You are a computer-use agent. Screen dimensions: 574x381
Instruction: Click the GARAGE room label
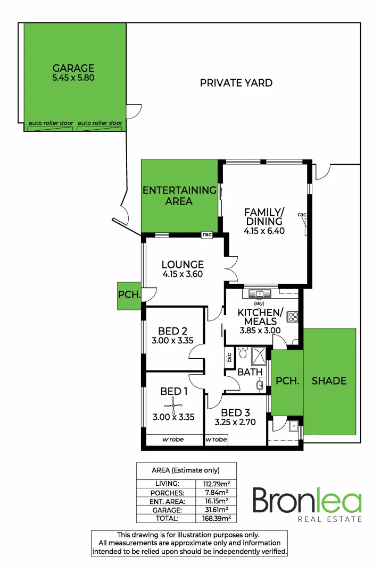(x=73, y=68)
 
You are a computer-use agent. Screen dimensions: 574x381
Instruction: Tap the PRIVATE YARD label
(x=236, y=83)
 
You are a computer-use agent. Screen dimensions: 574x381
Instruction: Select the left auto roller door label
(x=51, y=123)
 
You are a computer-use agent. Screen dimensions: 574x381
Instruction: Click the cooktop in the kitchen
(x=292, y=317)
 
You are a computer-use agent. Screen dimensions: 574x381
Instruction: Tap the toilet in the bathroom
(x=243, y=352)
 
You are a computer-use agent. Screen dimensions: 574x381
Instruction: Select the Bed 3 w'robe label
(x=216, y=440)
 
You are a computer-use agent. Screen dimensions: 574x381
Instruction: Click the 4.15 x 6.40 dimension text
(x=264, y=231)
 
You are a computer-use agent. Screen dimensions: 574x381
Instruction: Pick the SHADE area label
(x=329, y=381)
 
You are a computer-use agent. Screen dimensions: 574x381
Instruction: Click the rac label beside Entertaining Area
(x=207, y=234)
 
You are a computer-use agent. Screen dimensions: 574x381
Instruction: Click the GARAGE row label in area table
(x=167, y=509)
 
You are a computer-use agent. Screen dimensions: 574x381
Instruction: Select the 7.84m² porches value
(x=216, y=492)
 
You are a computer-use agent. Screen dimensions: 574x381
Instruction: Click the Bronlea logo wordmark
(x=307, y=501)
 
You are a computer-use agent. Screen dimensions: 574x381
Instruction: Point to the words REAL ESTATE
(x=330, y=519)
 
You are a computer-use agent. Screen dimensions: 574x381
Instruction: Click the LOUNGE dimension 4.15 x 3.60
(x=183, y=274)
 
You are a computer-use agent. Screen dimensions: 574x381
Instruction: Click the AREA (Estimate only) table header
(x=186, y=470)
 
